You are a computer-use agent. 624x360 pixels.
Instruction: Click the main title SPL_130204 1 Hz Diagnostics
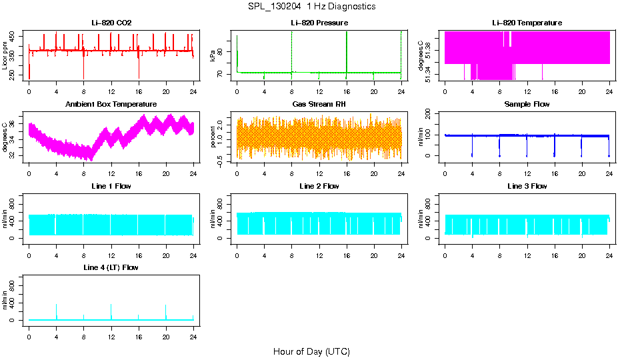[x=311, y=7]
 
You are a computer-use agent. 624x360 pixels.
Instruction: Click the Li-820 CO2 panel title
[x=111, y=23]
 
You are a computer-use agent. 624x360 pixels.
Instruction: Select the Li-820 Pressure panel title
[x=319, y=23]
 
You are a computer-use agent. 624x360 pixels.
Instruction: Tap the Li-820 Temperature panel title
[x=527, y=23]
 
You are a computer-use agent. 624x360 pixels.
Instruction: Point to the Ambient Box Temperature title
[x=111, y=105]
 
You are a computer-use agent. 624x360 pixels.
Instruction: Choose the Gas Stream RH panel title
[x=319, y=105]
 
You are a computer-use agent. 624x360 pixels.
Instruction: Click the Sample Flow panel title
[x=527, y=105]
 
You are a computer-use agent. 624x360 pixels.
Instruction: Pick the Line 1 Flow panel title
[x=111, y=186]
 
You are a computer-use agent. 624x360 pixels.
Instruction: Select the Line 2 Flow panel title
[x=319, y=186]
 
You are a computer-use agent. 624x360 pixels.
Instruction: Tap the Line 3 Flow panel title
[x=527, y=186]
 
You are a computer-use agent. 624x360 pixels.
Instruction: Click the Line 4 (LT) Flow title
[x=111, y=267]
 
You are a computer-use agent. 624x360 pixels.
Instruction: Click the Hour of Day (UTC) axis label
[x=311, y=351]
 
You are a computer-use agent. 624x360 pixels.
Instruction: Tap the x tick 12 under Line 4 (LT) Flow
[x=111, y=335]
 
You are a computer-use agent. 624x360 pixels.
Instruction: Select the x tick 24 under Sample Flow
[x=609, y=173]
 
